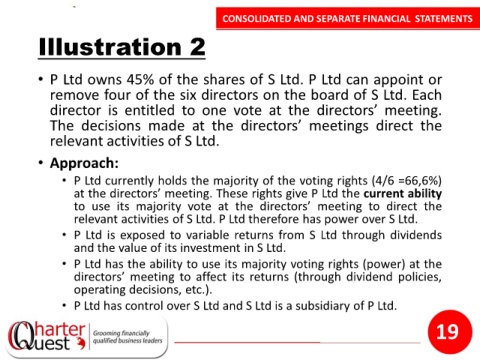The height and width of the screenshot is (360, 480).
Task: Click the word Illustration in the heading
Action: [110, 47]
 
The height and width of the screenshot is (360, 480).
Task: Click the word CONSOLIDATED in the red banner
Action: [257, 19]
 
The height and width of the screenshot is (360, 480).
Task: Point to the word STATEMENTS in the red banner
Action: [444, 19]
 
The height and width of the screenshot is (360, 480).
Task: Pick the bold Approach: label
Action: [84, 163]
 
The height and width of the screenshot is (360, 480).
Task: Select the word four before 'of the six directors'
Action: [118, 95]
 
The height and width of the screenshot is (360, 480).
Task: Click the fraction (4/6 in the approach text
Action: [383, 181]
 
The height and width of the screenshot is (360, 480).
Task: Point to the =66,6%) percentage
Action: [420, 181]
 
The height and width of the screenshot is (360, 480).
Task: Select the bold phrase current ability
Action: [403, 194]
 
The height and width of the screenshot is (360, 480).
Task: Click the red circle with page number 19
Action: [450, 332]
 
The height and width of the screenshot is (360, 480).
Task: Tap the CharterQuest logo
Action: [47, 336]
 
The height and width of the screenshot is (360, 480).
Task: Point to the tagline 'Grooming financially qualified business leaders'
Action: [127, 337]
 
